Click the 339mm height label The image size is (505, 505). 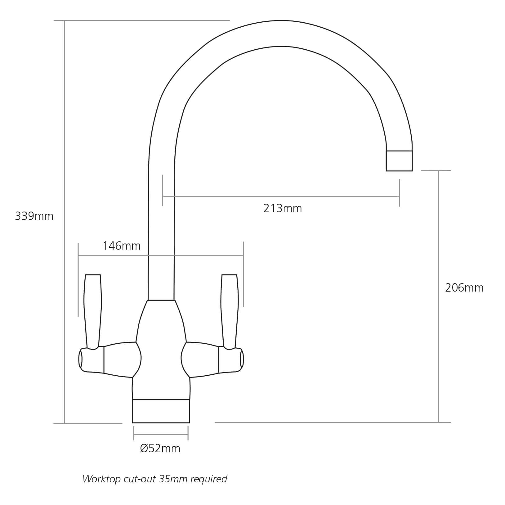34,216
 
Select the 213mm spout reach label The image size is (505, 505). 283,208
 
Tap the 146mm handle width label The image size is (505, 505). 122,246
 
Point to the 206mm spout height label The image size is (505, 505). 464,288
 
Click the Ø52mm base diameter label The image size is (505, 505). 160,449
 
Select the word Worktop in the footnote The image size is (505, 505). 101,479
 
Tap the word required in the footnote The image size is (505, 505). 209,479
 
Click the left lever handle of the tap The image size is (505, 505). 93,310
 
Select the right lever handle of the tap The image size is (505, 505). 230,310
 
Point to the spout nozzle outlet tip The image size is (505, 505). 399,161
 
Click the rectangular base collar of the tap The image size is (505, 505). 161,411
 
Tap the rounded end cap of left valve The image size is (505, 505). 80,360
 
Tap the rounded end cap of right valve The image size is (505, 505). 241,360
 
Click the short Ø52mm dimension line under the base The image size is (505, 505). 161,435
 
